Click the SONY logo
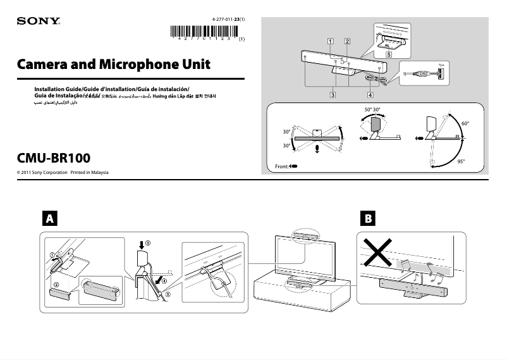(x=39, y=21)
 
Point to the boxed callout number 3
(x=332, y=95)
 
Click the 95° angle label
(x=461, y=161)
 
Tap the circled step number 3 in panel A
(x=148, y=242)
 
